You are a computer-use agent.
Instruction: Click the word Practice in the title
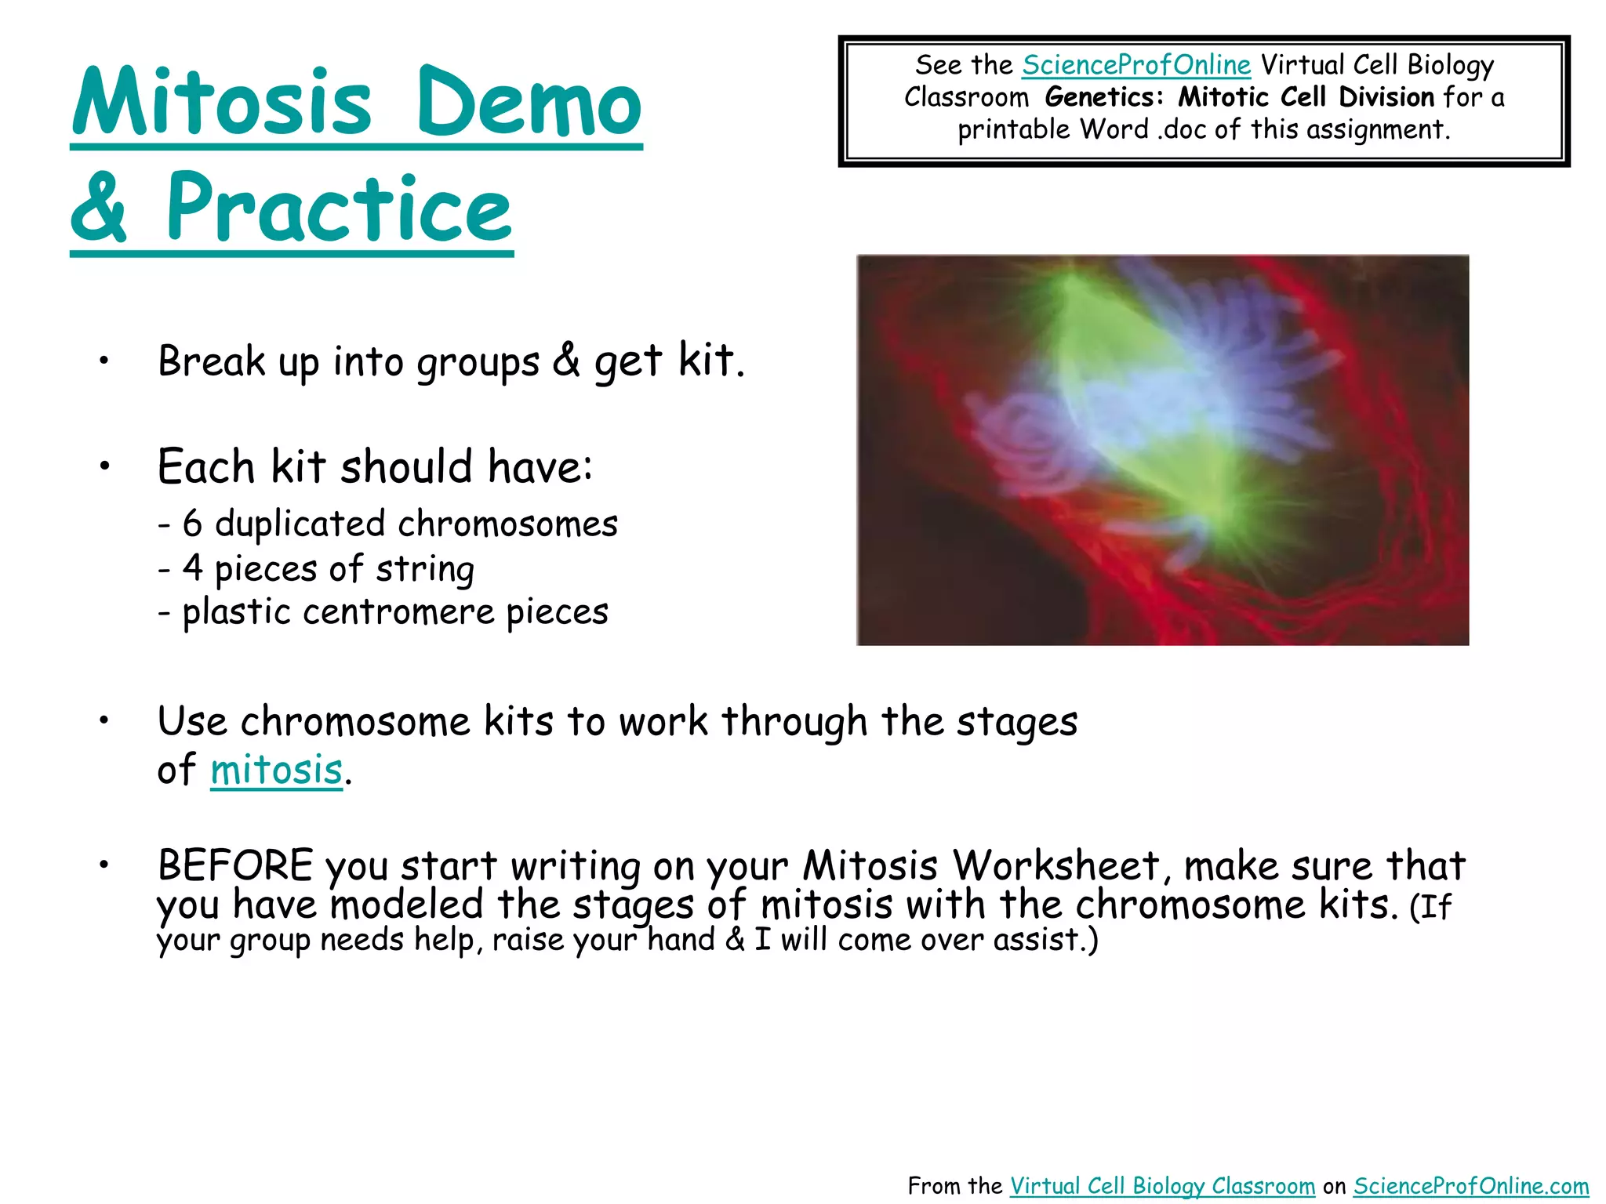(x=339, y=209)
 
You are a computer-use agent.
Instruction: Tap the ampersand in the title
(x=99, y=209)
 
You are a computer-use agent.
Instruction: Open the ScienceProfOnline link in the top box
(x=1135, y=65)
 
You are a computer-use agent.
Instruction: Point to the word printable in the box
(x=1013, y=129)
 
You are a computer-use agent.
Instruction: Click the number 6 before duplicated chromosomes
(x=192, y=524)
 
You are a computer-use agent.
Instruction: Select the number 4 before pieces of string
(x=192, y=568)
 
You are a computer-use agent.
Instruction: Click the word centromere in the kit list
(x=398, y=612)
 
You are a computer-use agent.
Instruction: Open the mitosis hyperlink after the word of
(x=276, y=770)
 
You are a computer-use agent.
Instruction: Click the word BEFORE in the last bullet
(x=235, y=866)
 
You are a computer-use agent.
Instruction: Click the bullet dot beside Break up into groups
(x=104, y=361)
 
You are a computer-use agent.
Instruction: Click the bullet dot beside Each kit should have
(x=104, y=466)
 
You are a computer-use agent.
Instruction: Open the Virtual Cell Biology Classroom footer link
(x=1161, y=1186)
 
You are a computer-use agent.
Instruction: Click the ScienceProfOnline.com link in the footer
(x=1470, y=1186)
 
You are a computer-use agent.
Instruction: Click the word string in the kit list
(x=424, y=569)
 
